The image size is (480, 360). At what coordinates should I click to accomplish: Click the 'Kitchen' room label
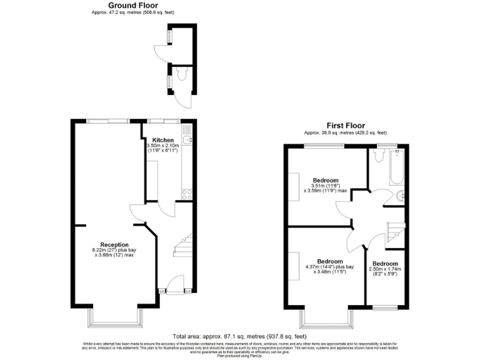(x=162, y=139)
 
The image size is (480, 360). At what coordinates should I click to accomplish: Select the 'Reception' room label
(x=114, y=244)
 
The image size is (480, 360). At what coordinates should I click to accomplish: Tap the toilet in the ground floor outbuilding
(x=181, y=75)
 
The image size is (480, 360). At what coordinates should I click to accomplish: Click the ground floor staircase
(x=182, y=246)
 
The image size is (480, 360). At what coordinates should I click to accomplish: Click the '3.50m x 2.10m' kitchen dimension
(x=162, y=146)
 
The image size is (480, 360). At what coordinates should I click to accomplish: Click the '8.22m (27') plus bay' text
(x=114, y=251)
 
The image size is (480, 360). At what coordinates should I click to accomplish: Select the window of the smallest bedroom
(x=383, y=307)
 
